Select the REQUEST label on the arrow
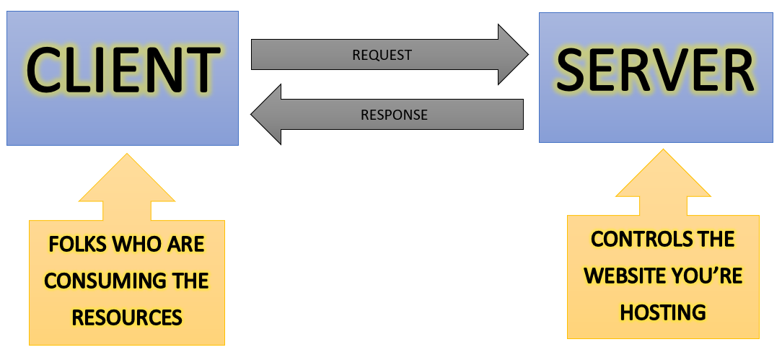coord(382,55)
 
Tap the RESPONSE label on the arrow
coord(394,115)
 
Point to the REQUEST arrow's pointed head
coord(527,54)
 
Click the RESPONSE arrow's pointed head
coord(251,115)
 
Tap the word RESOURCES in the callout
coord(127,317)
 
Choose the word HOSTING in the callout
coord(663,312)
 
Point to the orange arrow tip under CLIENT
coord(127,154)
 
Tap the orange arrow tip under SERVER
coord(663,149)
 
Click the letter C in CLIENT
coord(44,70)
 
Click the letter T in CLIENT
coord(203,70)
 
